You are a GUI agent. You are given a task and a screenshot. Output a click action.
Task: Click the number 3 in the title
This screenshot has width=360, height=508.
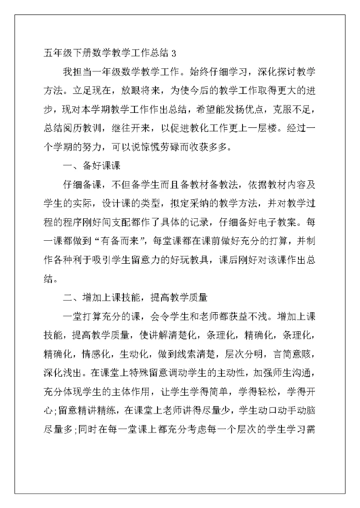pyautogui.click(x=173, y=52)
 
